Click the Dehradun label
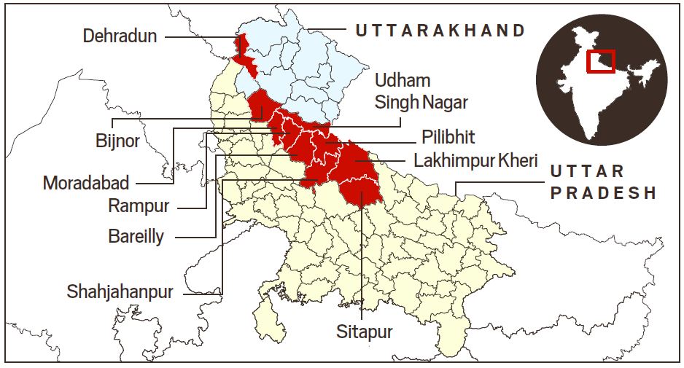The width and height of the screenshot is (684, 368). [x=120, y=35]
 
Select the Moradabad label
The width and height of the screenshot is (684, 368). [x=86, y=181]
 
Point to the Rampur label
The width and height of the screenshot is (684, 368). [x=139, y=205]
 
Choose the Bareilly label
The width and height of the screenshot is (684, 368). [x=136, y=236]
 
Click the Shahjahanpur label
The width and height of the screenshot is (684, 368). [x=120, y=292]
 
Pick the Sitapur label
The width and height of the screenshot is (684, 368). [x=364, y=332]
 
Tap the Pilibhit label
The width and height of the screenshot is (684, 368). [x=448, y=138]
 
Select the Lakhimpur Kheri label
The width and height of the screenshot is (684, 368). [x=475, y=160]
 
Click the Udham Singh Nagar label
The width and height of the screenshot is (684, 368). [x=421, y=91]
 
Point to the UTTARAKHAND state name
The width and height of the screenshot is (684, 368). [x=440, y=31]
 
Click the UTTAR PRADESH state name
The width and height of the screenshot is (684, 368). [x=603, y=182]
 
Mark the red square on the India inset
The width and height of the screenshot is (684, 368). [x=601, y=60]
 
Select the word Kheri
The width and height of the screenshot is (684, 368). [x=517, y=160]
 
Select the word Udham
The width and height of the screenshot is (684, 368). [x=403, y=80]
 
